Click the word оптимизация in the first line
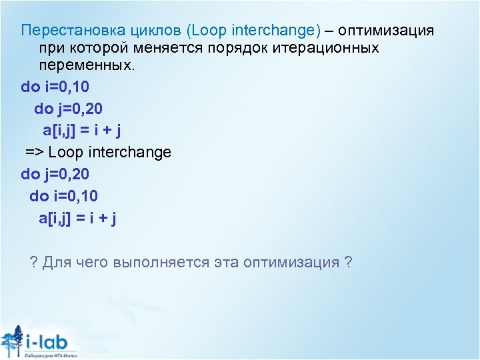[387, 31]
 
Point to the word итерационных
[323, 48]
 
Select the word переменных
[85, 65]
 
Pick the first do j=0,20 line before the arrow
[69, 109]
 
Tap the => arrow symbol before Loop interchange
[35, 152]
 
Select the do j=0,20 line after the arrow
[55, 174]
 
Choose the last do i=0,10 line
[64, 195]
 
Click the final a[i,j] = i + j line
[77, 217]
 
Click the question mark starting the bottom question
[34, 262]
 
